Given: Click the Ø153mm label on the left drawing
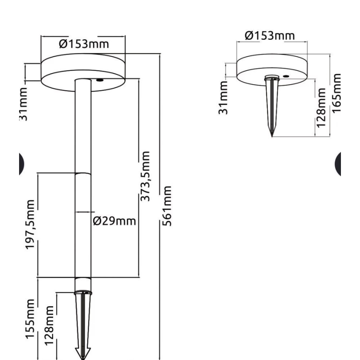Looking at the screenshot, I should pos(84,44).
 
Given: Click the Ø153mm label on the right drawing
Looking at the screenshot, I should pos(270,35).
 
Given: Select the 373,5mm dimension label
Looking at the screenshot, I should pos(145,176).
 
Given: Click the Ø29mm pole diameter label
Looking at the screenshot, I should pos(115,220).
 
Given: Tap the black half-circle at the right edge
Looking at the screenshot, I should pos(338,163).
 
